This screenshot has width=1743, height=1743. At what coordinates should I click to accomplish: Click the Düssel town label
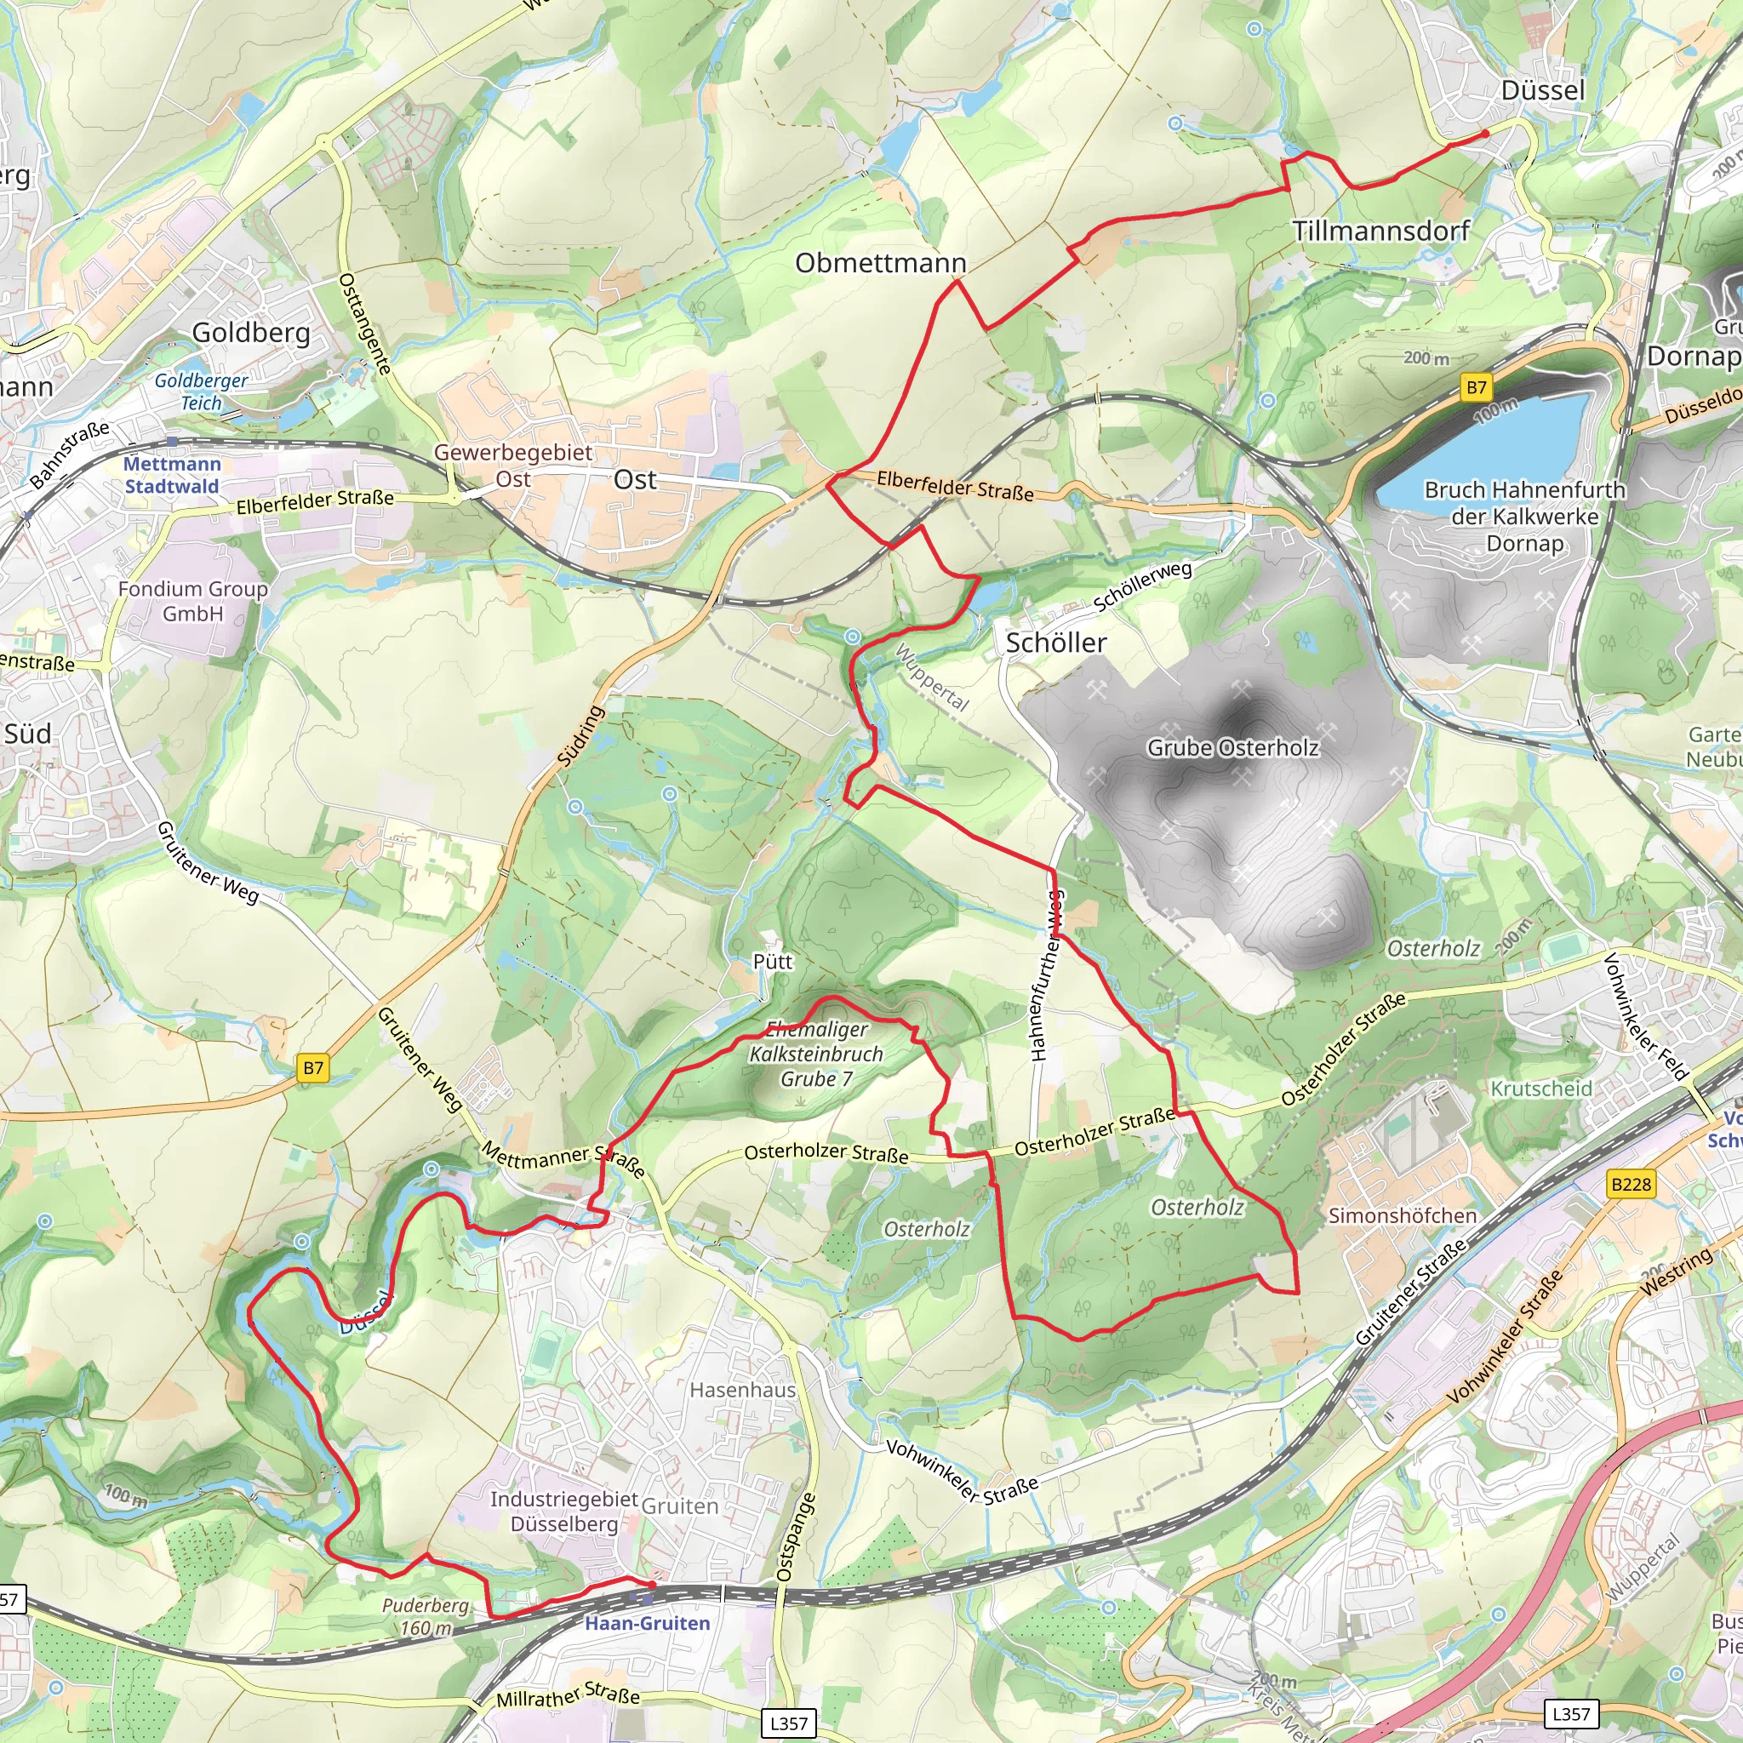click(1543, 90)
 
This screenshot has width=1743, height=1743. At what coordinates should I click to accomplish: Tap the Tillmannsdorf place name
click(1381, 231)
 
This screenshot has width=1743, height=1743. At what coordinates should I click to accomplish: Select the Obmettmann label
click(881, 264)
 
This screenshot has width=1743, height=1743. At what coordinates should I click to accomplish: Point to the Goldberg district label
click(251, 333)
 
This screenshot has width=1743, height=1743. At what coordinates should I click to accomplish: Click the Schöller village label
click(1055, 643)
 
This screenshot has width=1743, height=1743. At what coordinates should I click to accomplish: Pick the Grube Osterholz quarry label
click(1232, 748)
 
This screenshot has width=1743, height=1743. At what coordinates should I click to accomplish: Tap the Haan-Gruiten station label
click(647, 1623)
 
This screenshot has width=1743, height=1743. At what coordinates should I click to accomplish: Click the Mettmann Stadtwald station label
click(171, 476)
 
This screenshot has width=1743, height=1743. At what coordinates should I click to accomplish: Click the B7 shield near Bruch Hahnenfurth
click(1476, 388)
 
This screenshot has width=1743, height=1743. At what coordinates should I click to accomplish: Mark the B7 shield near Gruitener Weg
click(313, 1068)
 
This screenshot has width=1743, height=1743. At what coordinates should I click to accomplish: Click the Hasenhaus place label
click(742, 1389)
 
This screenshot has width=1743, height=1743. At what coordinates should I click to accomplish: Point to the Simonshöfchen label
click(1402, 1216)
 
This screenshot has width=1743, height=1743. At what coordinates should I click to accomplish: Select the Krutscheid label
click(1542, 1089)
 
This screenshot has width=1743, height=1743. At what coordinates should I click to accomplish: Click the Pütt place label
click(772, 962)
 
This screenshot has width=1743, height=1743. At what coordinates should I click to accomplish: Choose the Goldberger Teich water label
click(201, 391)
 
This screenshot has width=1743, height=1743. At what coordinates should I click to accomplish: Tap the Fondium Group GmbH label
click(193, 601)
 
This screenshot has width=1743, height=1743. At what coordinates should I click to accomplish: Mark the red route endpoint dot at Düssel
click(1485, 134)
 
